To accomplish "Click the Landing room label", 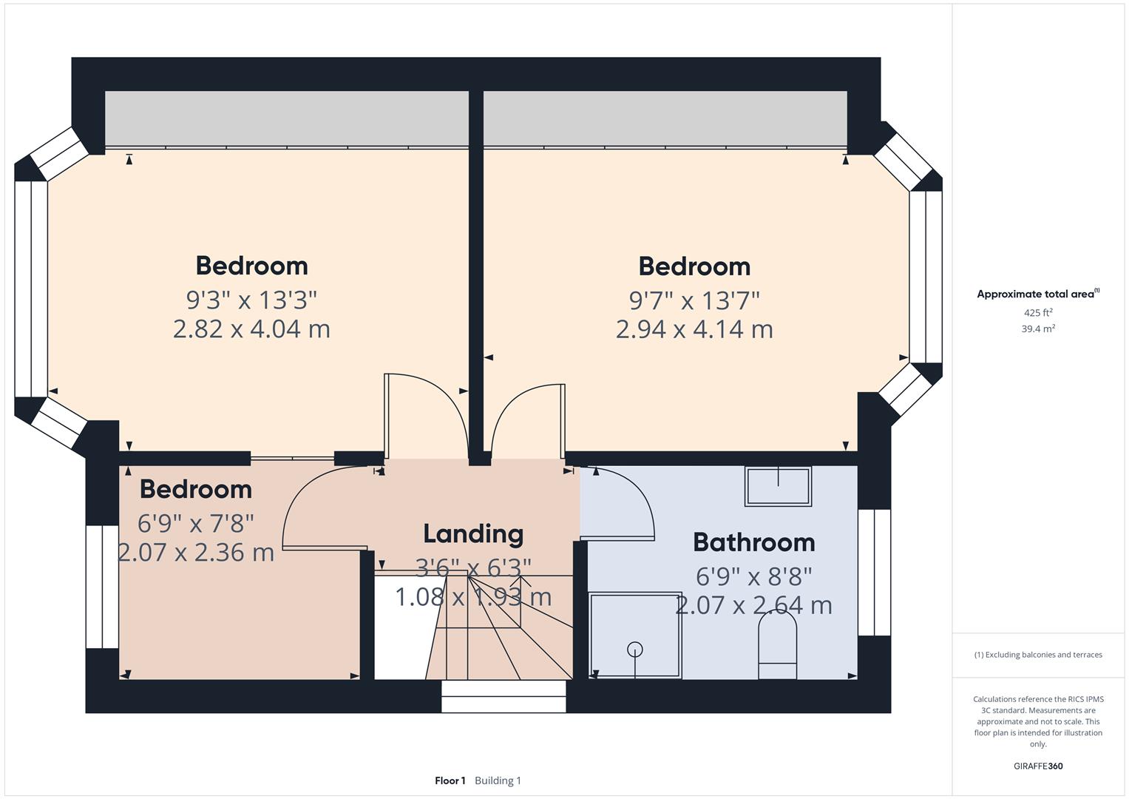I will [473, 533].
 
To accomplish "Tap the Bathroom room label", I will [753, 542].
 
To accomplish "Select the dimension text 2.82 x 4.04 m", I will [251, 328].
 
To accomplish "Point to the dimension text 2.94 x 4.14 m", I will [694, 328].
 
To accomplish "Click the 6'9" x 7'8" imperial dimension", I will [196, 523].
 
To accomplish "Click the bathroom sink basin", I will [778, 486].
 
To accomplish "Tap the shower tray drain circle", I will [635, 650].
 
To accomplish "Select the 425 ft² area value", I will [1038, 312].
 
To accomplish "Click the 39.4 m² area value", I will [1038, 328].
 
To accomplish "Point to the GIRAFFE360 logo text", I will [1038, 766].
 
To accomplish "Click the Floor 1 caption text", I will [450, 781].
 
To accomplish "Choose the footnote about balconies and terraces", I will [1038, 655].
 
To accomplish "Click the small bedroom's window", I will [102, 587].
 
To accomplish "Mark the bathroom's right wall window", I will [874, 573].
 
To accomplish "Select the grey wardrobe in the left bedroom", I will [287, 118].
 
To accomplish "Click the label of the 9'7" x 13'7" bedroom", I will [694, 266].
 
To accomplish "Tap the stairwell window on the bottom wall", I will [504, 696].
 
